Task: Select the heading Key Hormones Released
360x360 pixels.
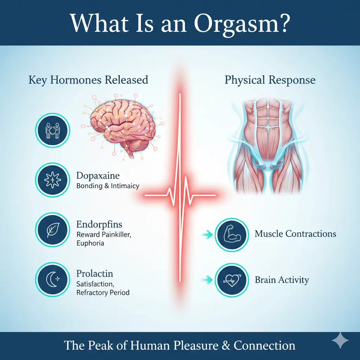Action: pos(88,80)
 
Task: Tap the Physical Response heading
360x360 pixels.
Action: pos(270,80)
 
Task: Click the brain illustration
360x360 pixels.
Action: pos(121,123)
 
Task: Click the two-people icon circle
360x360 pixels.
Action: pos(53,130)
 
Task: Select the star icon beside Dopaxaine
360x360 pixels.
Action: pos(53,180)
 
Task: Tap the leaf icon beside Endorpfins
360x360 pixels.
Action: pos(53,230)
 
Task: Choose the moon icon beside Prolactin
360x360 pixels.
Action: pos(53,279)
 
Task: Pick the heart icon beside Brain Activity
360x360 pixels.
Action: pos(232,280)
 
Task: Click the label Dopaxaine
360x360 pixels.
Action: pos(98,176)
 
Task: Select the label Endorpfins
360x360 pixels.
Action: pos(99,225)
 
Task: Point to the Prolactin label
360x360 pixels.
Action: pos(95,274)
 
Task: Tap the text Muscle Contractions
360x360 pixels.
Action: pos(295,234)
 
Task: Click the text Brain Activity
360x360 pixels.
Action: pos(282,280)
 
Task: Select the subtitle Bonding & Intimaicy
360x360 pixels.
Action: pos(108,186)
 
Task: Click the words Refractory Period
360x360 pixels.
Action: pos(103,292)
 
